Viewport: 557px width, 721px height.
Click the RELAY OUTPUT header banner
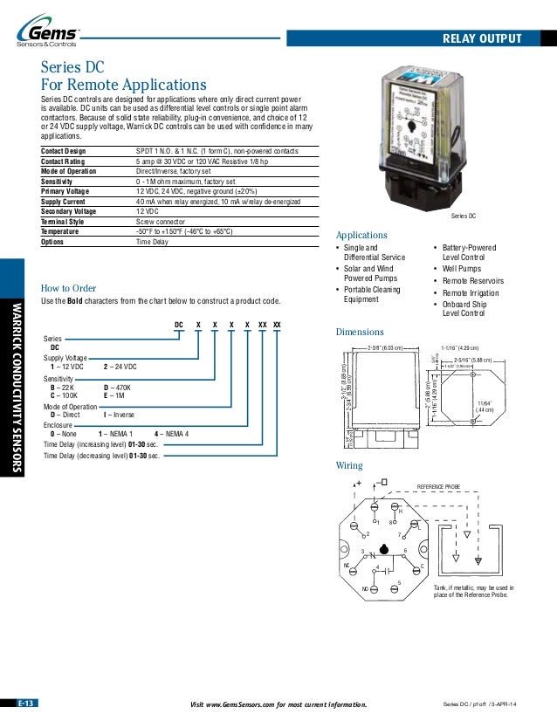point(482,38)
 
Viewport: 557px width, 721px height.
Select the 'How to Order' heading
point(69,288)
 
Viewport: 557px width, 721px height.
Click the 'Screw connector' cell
point(162,222)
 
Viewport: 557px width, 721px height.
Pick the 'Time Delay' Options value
point(152,242)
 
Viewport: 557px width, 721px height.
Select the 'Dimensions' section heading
point(360,332)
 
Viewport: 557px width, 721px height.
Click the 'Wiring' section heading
point(349,465)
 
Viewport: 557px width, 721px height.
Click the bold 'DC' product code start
point(179,325)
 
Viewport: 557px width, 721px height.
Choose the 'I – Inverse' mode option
point(120,415)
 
